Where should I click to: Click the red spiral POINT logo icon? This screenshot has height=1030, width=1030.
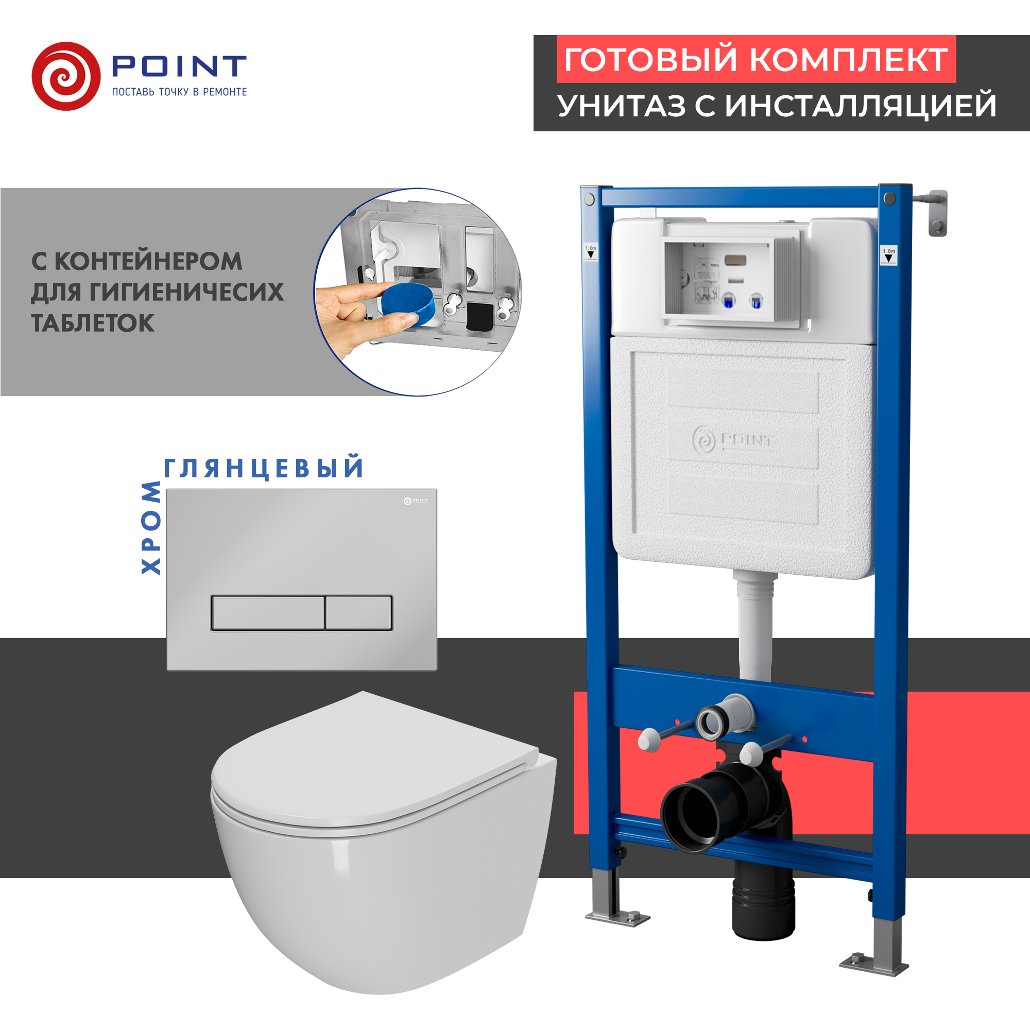65,76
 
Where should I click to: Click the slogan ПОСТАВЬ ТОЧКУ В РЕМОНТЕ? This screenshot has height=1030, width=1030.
179,92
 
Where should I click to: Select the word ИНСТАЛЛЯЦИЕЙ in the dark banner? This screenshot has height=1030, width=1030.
861,106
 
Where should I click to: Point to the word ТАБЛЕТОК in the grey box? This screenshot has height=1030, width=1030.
93,323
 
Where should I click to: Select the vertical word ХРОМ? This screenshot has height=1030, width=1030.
151,527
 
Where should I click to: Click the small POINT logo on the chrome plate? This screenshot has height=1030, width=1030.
415,501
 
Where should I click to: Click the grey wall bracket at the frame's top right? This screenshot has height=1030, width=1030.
937,212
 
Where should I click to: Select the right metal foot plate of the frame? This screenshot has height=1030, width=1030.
874,965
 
